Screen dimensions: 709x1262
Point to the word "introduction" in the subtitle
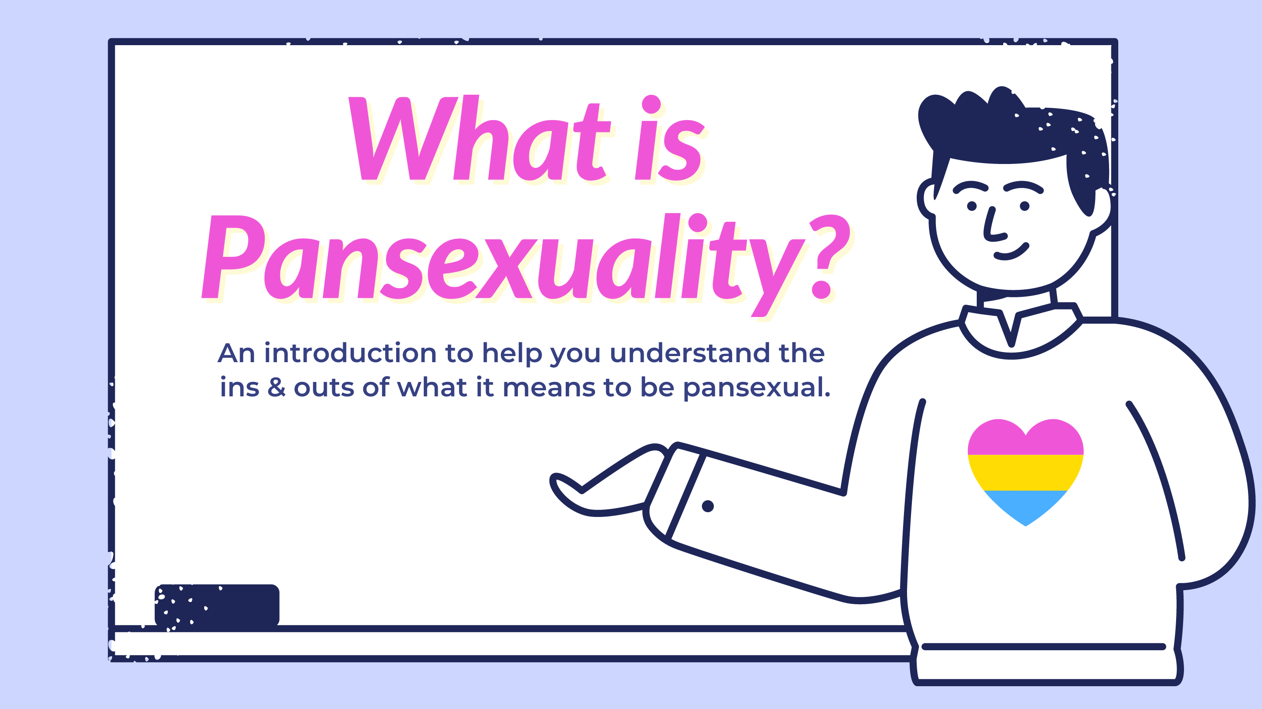tap(350, 353)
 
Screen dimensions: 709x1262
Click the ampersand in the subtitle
tap(277, 387)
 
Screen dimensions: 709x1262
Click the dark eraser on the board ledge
tap(217, 605)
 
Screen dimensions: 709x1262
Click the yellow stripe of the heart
tap(1025, 472)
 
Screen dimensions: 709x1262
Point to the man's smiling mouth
tap(1010, 252)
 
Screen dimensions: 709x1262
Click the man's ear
tap(927, 199)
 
